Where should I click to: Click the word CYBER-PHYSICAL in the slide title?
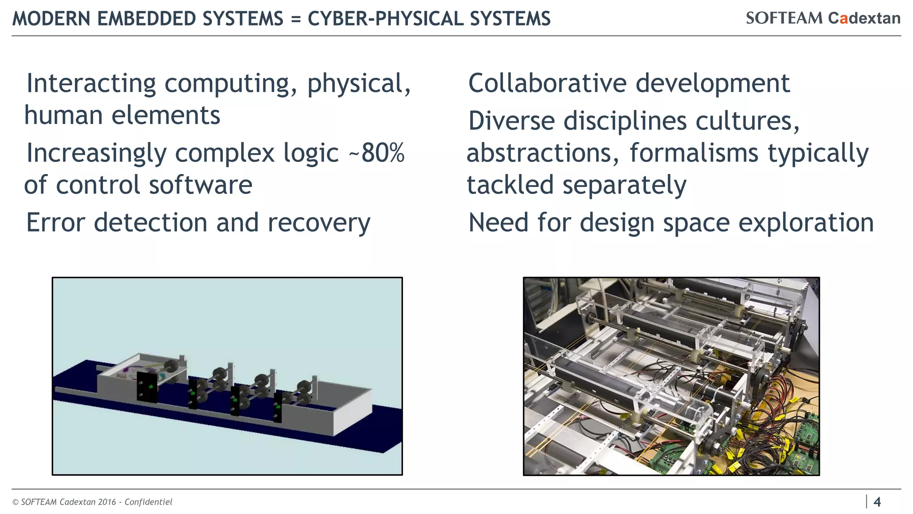(382, 19)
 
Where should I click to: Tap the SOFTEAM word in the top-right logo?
(784, 18)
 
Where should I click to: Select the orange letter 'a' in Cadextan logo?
(843, 19)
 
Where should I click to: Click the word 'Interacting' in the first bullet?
(91, 84)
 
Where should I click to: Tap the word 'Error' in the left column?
(55, 223)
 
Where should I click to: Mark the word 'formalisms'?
(693, 153)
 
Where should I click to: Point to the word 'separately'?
(624, 186)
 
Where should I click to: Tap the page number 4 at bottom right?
(877, 502)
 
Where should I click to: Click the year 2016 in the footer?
(107, 502)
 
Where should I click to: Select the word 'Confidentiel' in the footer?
(148, 502)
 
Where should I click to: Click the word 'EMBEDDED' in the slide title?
(144, 19)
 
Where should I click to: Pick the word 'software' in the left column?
(201, 185)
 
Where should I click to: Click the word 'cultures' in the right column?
(748, 121)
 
